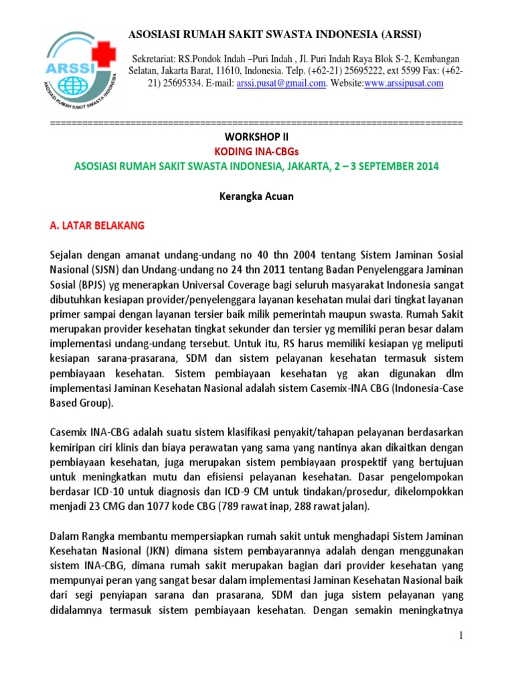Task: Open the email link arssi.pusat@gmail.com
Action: [x=282, y=84]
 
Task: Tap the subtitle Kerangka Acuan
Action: [x=257, y=197]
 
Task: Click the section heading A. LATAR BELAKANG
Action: [x=97, y=226]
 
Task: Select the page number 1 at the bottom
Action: [x=461, y=635]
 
